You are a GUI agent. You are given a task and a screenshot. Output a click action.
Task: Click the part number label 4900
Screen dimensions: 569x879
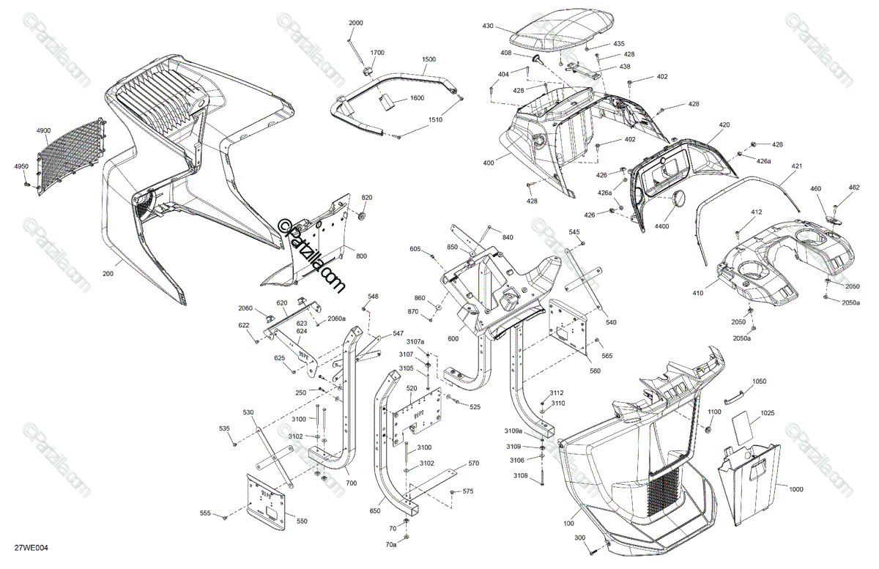pyautogui.click(x=43, y=130)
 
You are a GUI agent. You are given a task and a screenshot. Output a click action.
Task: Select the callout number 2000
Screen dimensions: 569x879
pyautogui.click(x=355, y=23)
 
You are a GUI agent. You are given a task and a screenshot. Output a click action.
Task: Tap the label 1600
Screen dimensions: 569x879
pyautogui.click(x=416, y=98)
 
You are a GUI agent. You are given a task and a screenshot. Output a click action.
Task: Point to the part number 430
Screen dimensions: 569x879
pyautogui.click(x=488, y=26)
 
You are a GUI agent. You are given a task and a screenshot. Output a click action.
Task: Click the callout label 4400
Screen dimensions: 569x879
pyautogui.click(x=662, y=227)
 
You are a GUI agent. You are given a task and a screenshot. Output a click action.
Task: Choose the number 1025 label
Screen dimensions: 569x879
pyautogui.click(x=767, y=414)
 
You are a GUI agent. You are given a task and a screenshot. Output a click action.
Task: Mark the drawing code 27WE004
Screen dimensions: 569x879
pyautogui.click(x=36, y=547)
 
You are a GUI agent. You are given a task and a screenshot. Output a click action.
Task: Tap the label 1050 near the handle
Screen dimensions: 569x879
pyautogui.click(x=759, y=382)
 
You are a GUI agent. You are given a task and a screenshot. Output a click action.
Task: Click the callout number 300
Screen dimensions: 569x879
pyautogui.click(x=580, y=538)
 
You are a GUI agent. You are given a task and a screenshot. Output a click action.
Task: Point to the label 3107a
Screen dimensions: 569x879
pyautogui.click(x=415, y=342)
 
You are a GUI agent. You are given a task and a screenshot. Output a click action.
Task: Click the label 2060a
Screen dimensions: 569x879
pyautogui.click(x=336, y=318)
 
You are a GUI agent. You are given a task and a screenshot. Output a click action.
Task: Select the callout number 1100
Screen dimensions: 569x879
pyautogui.click(x=715, y=412)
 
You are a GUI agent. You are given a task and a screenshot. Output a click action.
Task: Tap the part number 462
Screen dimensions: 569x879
pyautogui.click(x=853, y=187)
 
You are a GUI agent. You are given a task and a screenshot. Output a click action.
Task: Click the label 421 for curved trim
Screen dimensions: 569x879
pyautogui.click(x=796, y=167)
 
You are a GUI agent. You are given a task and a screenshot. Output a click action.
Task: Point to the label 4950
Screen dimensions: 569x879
pyautogui.click(x=21, y=167)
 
